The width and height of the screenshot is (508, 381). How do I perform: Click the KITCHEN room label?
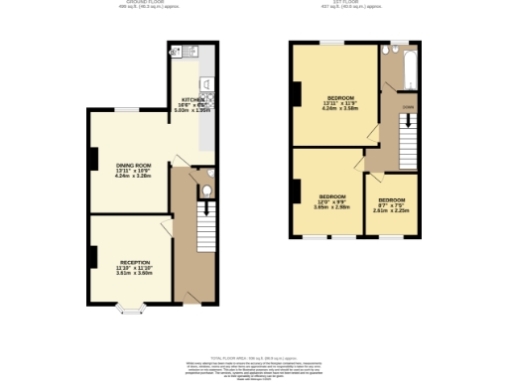tap(192, 100)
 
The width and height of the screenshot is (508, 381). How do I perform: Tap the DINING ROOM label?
tap(132, 165)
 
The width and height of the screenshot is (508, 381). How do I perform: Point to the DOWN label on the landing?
tap(408, 106)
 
